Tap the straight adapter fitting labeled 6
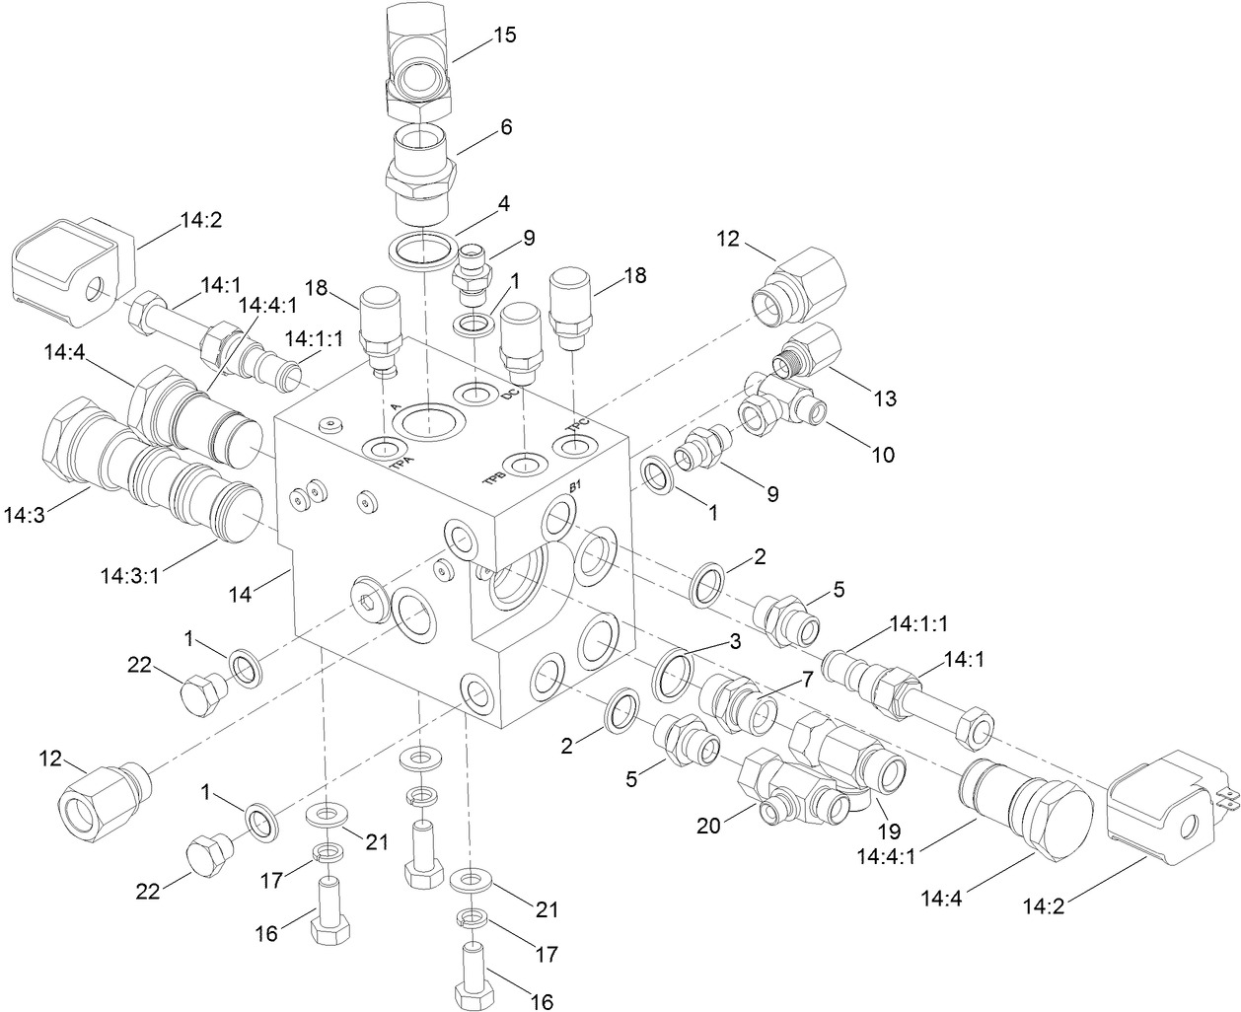(420, 176)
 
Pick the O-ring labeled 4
(422, 250)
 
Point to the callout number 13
(885, 398)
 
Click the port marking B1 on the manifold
(577, 487)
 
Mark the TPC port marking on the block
(575, 425)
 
